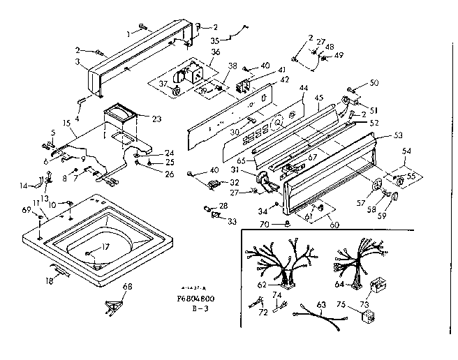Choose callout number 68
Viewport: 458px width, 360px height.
click(x=126, y=287)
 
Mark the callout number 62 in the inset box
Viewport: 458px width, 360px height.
click(x=262, y=284)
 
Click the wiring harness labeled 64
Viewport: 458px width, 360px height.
click(x=358, y=264)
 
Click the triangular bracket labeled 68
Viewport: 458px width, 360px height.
click(x=112, y=304)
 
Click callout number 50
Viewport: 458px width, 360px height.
click(x=374, y=83)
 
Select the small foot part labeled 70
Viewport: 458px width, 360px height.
click(x=287, y=224)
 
